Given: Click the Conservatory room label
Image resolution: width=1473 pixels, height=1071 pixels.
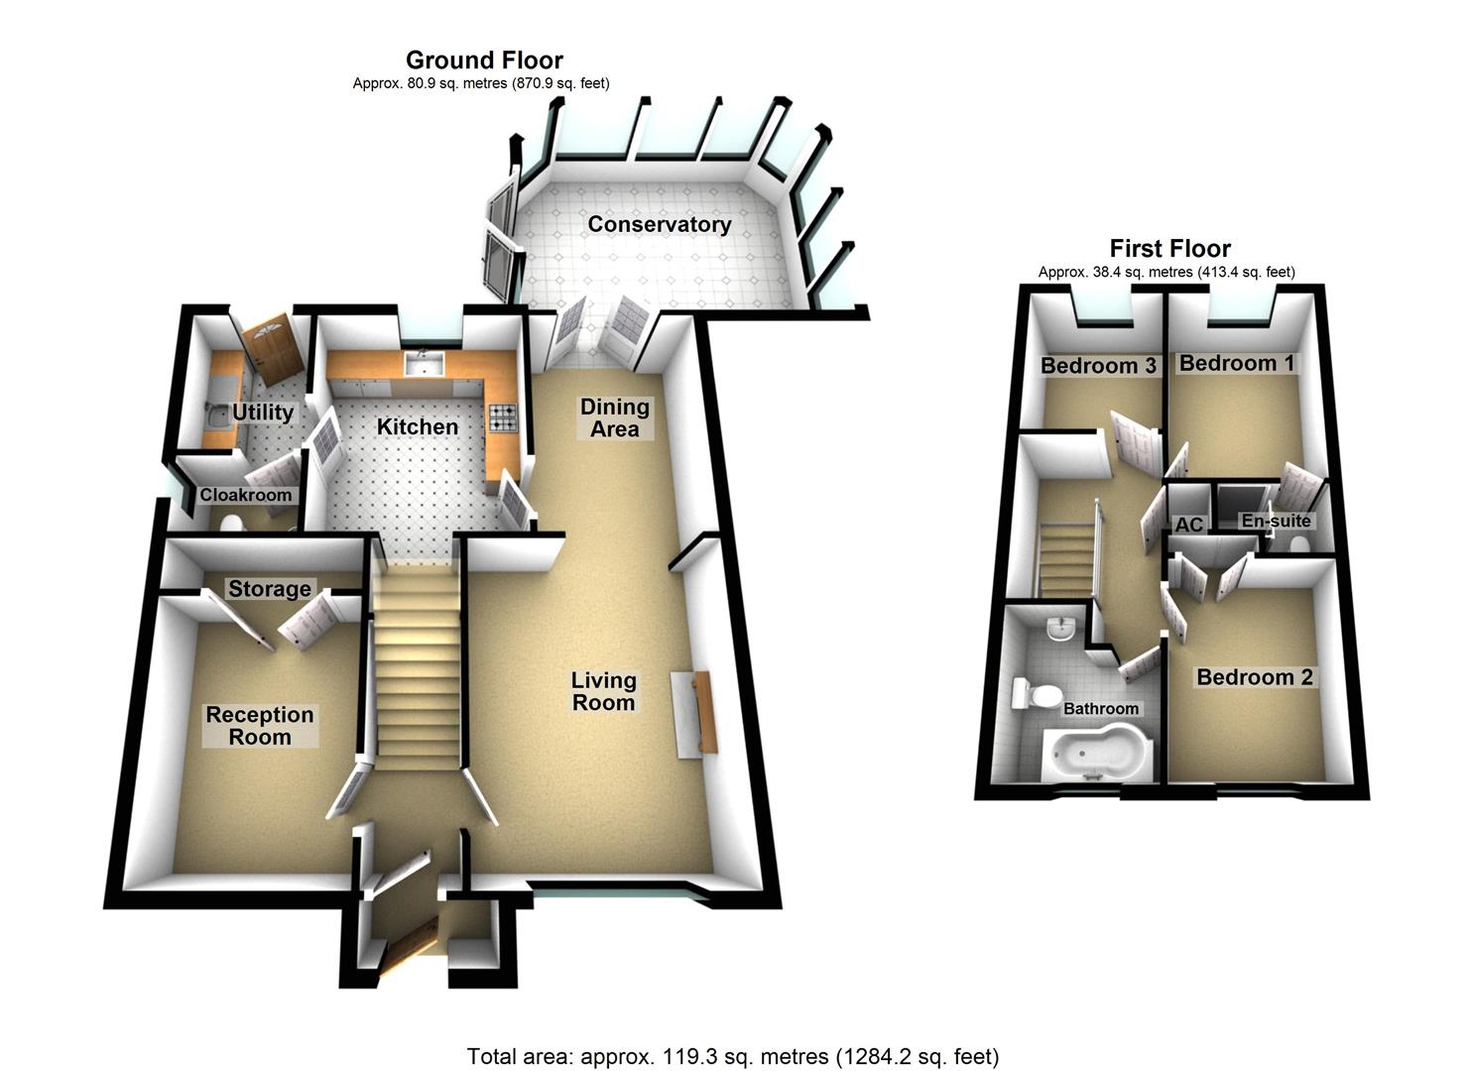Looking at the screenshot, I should (x=659, y=224).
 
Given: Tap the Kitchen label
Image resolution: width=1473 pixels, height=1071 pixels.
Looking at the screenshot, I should (x=418, y=426).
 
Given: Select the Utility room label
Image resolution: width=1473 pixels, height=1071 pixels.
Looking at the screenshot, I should (x=263, y=413).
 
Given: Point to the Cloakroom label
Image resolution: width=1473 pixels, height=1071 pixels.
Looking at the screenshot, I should (x=246, y=495).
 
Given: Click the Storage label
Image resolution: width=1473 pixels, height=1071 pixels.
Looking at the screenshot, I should (x=270, y=589).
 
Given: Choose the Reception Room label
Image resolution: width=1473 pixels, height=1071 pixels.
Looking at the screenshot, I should (x=260, y=726).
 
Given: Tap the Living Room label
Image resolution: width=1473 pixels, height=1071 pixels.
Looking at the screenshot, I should (x=603, y=691).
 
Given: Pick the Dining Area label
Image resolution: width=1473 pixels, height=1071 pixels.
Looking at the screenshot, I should (x=615, y=417).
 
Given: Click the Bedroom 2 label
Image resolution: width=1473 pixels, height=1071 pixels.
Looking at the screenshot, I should (x=1255, y=677).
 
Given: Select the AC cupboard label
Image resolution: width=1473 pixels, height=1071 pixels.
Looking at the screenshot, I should (x=1188, y=525).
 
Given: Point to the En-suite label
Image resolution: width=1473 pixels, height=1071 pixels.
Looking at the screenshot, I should (x=1277, y=521).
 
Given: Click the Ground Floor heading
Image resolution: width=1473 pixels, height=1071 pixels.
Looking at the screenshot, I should (x=484, y=60).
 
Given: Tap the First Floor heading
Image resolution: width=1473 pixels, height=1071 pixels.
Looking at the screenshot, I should (x=1169, y=248).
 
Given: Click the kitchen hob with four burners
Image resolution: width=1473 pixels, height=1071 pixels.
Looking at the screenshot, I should (x=503, y=419).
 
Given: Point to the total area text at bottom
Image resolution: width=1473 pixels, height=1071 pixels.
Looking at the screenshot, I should (x=733, y=1056).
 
